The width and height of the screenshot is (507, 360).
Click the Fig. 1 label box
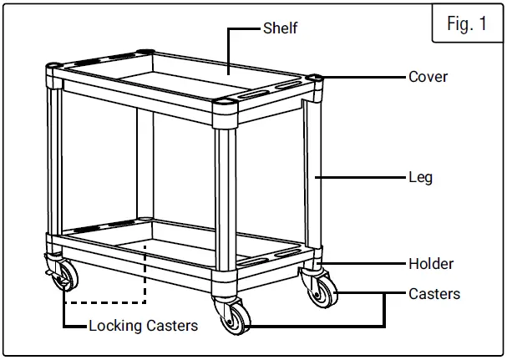tap(467, 23)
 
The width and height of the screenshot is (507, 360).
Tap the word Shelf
tap(281, 28)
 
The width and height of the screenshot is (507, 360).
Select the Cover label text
tap(428, 77)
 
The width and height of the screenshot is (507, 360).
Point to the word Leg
tap(420, 178)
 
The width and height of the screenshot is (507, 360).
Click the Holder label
tap(431, 264)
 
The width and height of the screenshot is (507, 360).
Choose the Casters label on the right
tap(434, 294)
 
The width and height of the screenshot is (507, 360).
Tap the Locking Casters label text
tap(144, 325)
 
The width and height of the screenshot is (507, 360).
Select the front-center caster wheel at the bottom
tap(233, 318)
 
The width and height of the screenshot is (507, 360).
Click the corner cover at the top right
tap(316, 79)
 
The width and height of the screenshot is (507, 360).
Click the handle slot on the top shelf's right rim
tap(281, 87)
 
